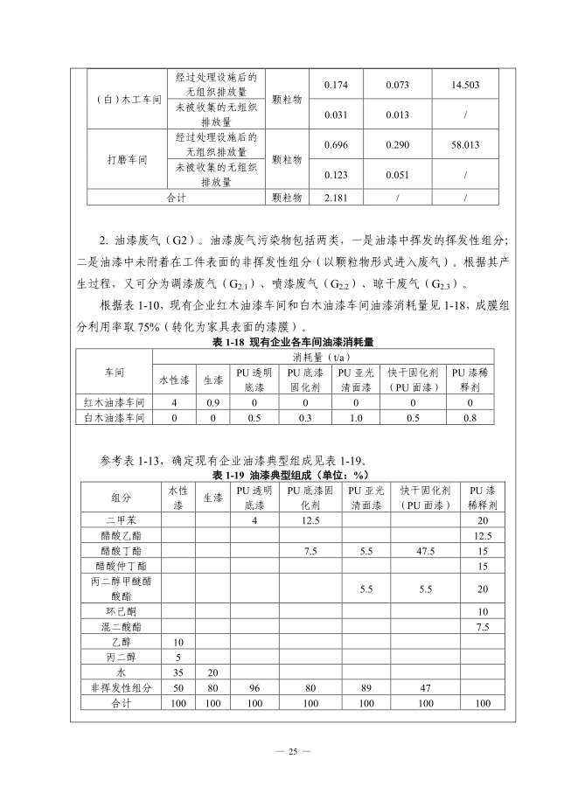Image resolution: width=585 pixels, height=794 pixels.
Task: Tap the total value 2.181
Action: point(337,198)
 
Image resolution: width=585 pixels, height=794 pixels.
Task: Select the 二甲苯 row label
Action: point(122,520)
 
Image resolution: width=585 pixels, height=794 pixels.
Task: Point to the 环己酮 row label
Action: point(122,610)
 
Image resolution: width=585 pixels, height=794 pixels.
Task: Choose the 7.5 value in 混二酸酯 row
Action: point(481,626)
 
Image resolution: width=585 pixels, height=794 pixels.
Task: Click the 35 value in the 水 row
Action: point(178,672)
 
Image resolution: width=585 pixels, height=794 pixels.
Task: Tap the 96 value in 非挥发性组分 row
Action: point(254,688)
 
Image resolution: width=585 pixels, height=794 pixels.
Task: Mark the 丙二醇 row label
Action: point(122,657)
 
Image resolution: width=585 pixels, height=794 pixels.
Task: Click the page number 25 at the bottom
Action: point(293,751)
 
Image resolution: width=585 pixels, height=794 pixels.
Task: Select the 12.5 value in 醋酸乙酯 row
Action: point(481,536)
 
